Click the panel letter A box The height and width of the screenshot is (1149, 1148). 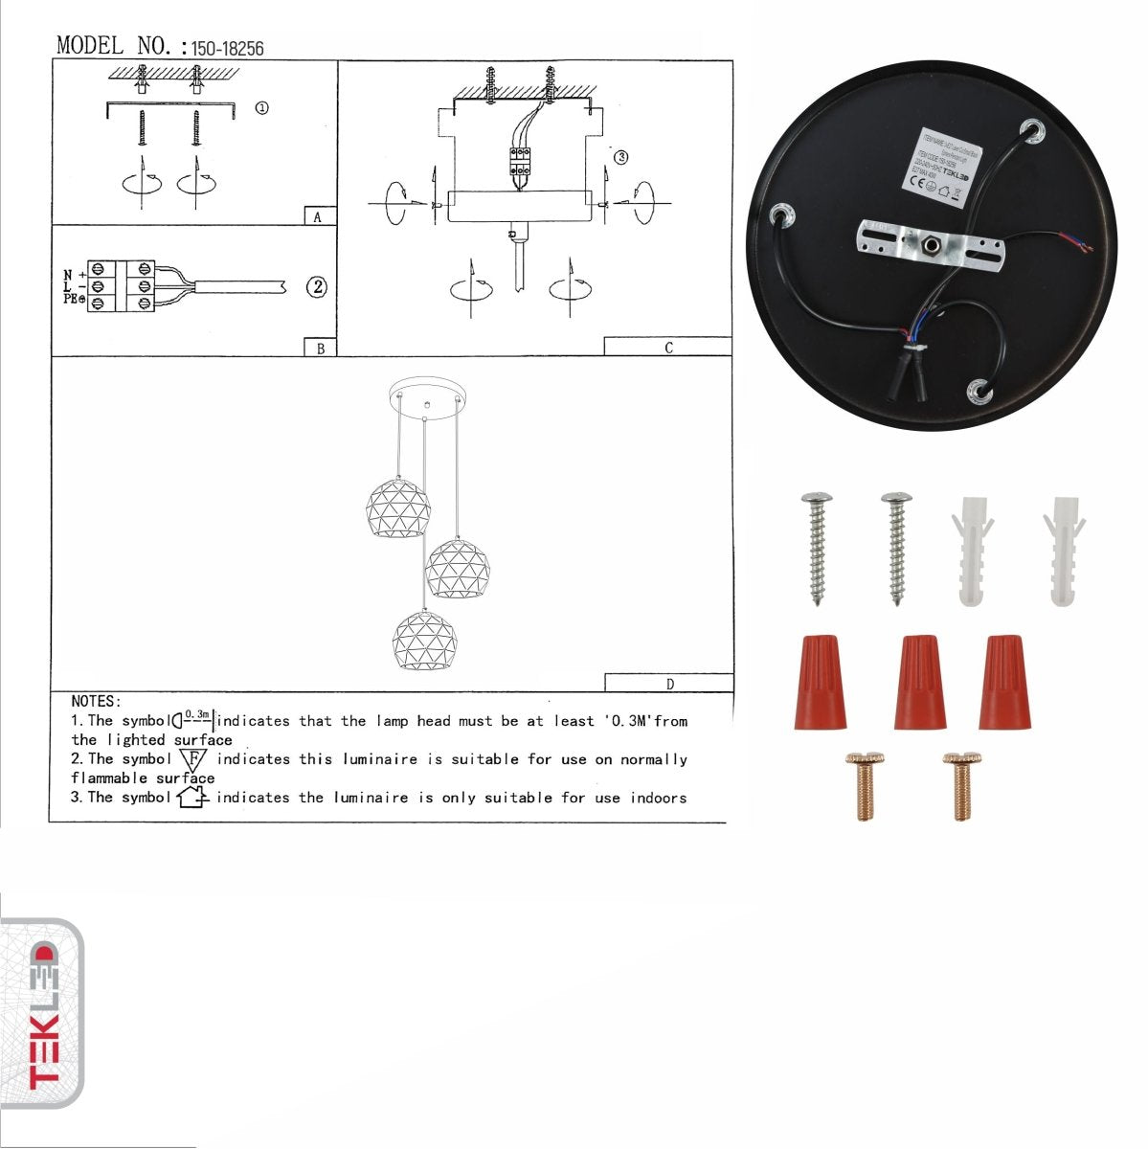(319, 216)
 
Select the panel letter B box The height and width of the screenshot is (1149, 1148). (320, 349)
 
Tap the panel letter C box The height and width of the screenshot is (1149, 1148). (668, 348)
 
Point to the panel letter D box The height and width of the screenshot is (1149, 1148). (668, 684)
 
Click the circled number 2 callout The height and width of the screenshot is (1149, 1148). (317, 286)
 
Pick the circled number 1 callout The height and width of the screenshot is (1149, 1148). (261, 108)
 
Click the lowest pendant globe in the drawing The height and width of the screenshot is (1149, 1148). (422, 639)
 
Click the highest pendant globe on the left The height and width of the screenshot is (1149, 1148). (398, 507)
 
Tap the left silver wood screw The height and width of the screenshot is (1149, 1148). (817, 548)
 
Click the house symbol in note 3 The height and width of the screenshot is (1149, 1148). (192, 797)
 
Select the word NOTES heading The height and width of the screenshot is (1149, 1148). (96, 702)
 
